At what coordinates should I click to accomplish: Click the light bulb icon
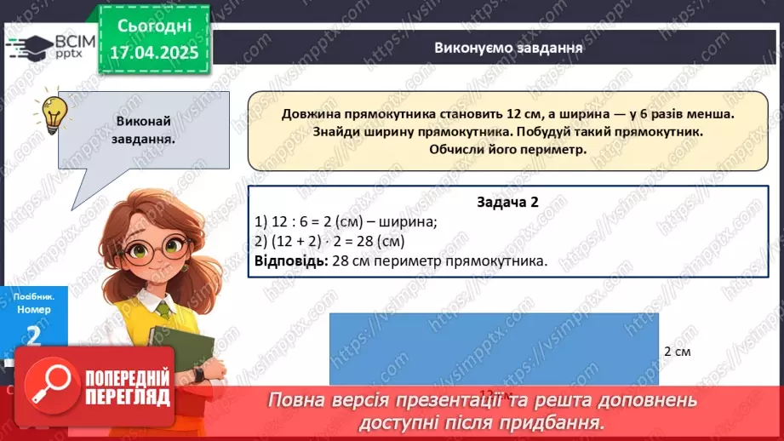(x=54, y=112)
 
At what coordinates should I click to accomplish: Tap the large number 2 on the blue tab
(x=33, y=335)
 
